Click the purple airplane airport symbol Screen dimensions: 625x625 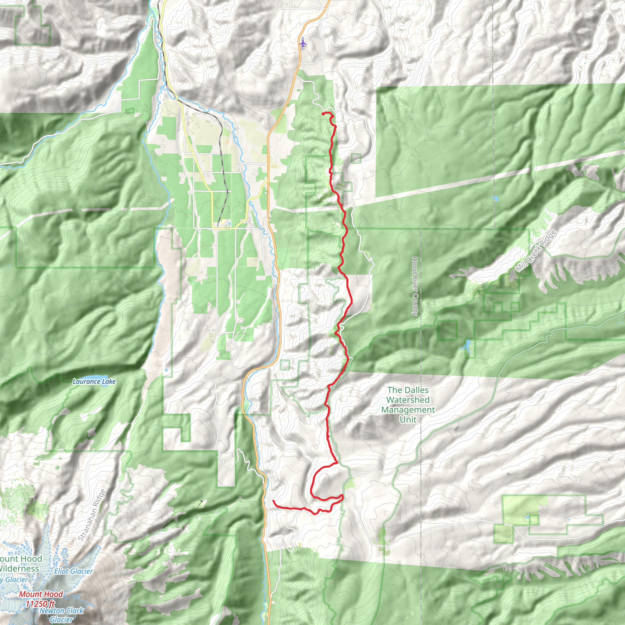(x=302, y=43)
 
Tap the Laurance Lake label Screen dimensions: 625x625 (x=94, y=381)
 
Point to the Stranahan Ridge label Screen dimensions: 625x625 (x=92, y=515)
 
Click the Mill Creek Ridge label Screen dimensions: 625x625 (x=536, y=251)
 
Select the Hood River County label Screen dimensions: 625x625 (x=415, y=286)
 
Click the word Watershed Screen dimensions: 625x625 (x=408, y=400)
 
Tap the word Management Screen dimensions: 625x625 (x=408, y=410)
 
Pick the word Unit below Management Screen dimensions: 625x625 (x=408, y=420)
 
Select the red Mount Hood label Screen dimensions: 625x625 (x=41, y=594)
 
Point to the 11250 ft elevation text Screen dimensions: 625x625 (x=40, y=604)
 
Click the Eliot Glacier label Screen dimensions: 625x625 (x=74, y=571)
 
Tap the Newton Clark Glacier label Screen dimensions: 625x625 (x=61, y=615)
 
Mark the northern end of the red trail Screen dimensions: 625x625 (x=323, y=114)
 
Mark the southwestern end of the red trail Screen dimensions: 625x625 (x=274, y=500)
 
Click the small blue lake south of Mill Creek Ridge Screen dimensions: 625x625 (x=466, y=347)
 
